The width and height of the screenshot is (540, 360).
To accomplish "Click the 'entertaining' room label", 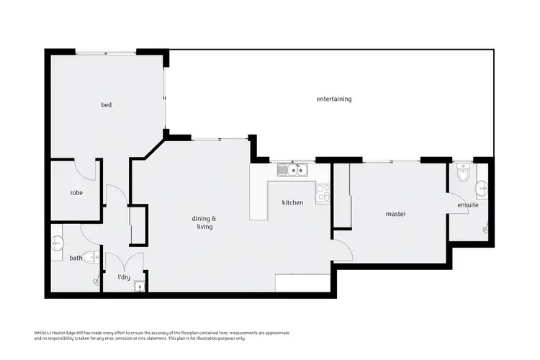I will [x=334, y=99].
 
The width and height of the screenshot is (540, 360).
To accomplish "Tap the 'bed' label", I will [x=106, y=105].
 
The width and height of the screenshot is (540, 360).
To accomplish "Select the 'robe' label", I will [x=76, y=193].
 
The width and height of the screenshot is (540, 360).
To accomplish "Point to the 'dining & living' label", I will [x=203, y=222].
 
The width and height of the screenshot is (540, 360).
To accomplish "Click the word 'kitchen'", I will [x=292, y=203].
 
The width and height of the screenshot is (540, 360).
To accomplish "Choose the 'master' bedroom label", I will [x=395, y=214].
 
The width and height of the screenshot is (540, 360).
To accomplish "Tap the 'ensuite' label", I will [x=468, y=205].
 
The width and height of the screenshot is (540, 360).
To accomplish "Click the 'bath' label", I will [x=75, y=258].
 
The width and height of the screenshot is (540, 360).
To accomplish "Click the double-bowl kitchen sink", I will [x=293, y=171].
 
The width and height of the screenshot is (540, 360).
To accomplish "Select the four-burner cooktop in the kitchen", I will [x=323, y=192].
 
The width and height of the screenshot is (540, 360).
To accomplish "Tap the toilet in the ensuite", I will [x=463, y=172].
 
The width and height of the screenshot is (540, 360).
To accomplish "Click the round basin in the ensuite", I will [x=482, y=189].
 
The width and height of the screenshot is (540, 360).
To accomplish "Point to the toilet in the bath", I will [x=91, y=256].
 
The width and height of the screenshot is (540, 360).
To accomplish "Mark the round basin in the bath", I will [x=58, y=245].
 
